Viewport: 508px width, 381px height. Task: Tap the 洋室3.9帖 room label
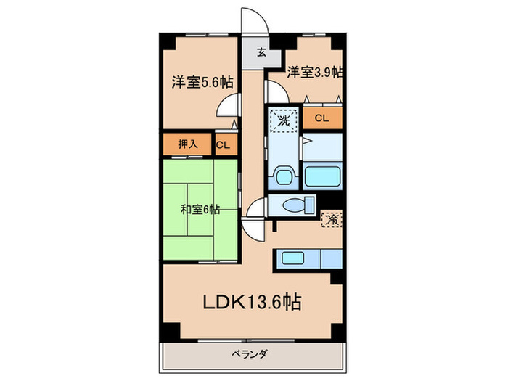(x=314, y=73)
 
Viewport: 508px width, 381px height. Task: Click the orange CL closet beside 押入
(x=223, y=144)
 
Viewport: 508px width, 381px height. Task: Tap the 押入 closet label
(x=188, y=144)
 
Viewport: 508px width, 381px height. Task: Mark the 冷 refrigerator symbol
(x=332, y=218)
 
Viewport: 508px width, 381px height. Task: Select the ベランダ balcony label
(x=250, y=353)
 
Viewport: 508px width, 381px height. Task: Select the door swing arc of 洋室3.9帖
(x=275, y=91)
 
